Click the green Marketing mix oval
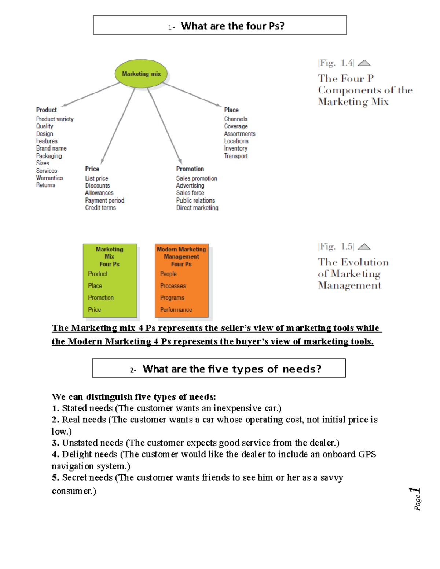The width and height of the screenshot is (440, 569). pyautogui.click(x=141, y=74)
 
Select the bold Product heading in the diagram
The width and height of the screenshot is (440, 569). pyautogui.click(x=47, y=110)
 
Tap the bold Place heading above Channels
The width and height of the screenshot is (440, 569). pyautogui.click(x=231, y=110)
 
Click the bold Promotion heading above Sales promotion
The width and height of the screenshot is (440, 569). pyautogui.click(x=190, y=169)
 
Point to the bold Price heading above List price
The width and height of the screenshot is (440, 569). pyautogui.click(x=92, y=169)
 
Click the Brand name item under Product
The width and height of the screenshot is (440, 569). pyautogui.click(x=51, y=148)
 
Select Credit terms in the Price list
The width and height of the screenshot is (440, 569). pyautogui.click(x=100, y=208)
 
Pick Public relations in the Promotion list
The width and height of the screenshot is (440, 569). pyautogui.click(x=195, y=200)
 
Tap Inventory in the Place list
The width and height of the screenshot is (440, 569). pyautogui.click(x=236, y=148)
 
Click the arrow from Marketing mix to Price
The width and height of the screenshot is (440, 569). pyautogui.click(x=118, y=125)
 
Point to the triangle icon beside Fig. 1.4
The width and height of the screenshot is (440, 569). pyautogui.click(x=364, y=63)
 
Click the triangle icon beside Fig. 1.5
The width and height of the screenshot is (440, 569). pyautogui.click(x=364, y=247)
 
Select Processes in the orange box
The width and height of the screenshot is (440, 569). pyautogui.click(x=173, y=286)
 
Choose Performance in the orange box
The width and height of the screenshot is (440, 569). pyautogui.click(x=176, y=310)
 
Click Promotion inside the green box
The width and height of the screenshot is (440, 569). pyautogui.click(x=101, y=298)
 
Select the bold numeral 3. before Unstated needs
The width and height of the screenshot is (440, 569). pyautogui.click(x=55, y=443)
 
